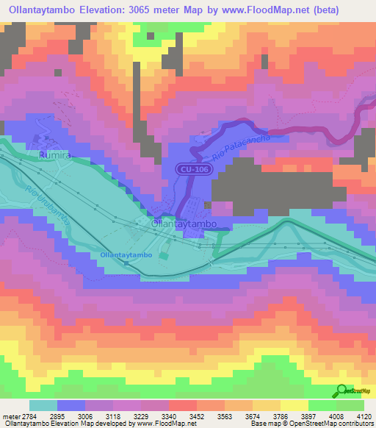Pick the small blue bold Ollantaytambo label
click(126, 254)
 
